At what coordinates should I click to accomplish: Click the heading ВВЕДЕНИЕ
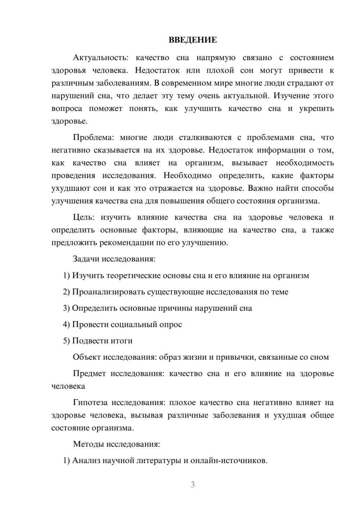coord(193,40)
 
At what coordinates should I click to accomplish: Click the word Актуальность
coord(95,58)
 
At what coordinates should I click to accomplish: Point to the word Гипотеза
coord(89,403)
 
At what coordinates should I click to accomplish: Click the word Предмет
coord(89,374)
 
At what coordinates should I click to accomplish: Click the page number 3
coord(193,485)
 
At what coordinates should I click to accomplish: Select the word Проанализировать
coord(109,292)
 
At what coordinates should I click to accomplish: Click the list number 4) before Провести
coord(66,325)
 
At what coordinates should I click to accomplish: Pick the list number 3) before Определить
coord(66,308)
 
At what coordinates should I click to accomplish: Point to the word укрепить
coord(316,109)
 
